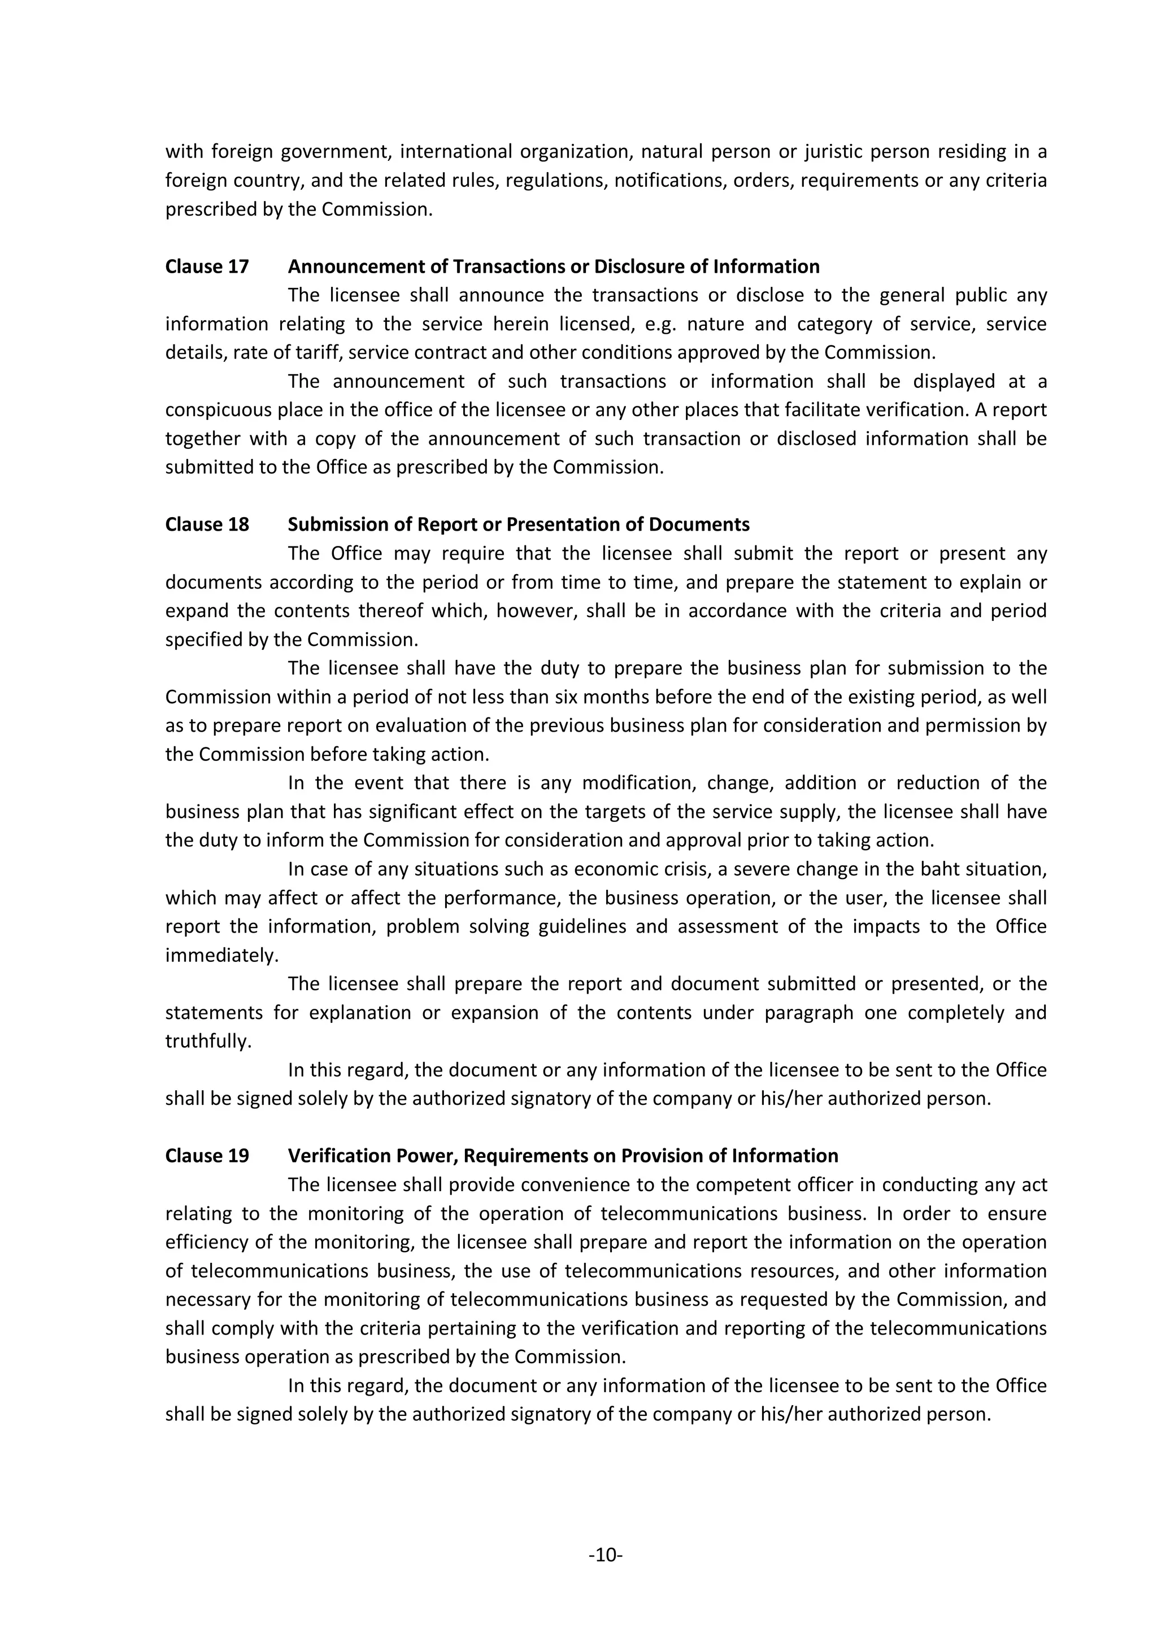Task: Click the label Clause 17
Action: coord(207,266)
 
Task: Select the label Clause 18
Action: coord(207,524)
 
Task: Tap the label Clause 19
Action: coord(207,1156)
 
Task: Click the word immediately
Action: coord(221,956)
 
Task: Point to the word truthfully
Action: coord(208,1042)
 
